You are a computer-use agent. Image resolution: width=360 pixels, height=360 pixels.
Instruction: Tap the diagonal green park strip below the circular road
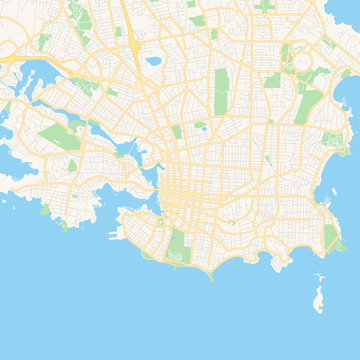[311, 101]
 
